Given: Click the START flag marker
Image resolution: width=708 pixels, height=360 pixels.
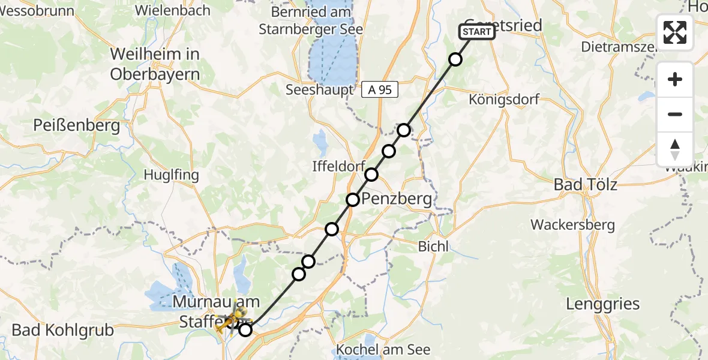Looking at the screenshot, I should coord(477,32).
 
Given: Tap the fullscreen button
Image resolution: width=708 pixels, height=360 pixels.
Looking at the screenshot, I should coord(675,32).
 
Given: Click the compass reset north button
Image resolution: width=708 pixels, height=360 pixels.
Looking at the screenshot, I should coord(675,149).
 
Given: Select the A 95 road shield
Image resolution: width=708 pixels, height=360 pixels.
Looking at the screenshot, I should coord(380,90).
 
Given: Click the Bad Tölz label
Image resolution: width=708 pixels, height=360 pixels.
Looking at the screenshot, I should coord(585,184).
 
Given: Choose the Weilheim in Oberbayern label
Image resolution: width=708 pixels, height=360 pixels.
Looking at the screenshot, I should coord(155,64).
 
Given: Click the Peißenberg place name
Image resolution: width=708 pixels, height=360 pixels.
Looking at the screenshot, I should coord(77,126).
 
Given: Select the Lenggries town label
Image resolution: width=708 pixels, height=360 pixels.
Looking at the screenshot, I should coord(603,304).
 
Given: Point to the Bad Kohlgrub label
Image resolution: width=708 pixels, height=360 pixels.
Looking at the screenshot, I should coord(62,330).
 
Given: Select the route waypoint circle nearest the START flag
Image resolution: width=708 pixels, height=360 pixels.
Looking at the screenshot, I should coord(455,59).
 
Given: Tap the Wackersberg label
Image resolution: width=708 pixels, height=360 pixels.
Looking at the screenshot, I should coord(572,225).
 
